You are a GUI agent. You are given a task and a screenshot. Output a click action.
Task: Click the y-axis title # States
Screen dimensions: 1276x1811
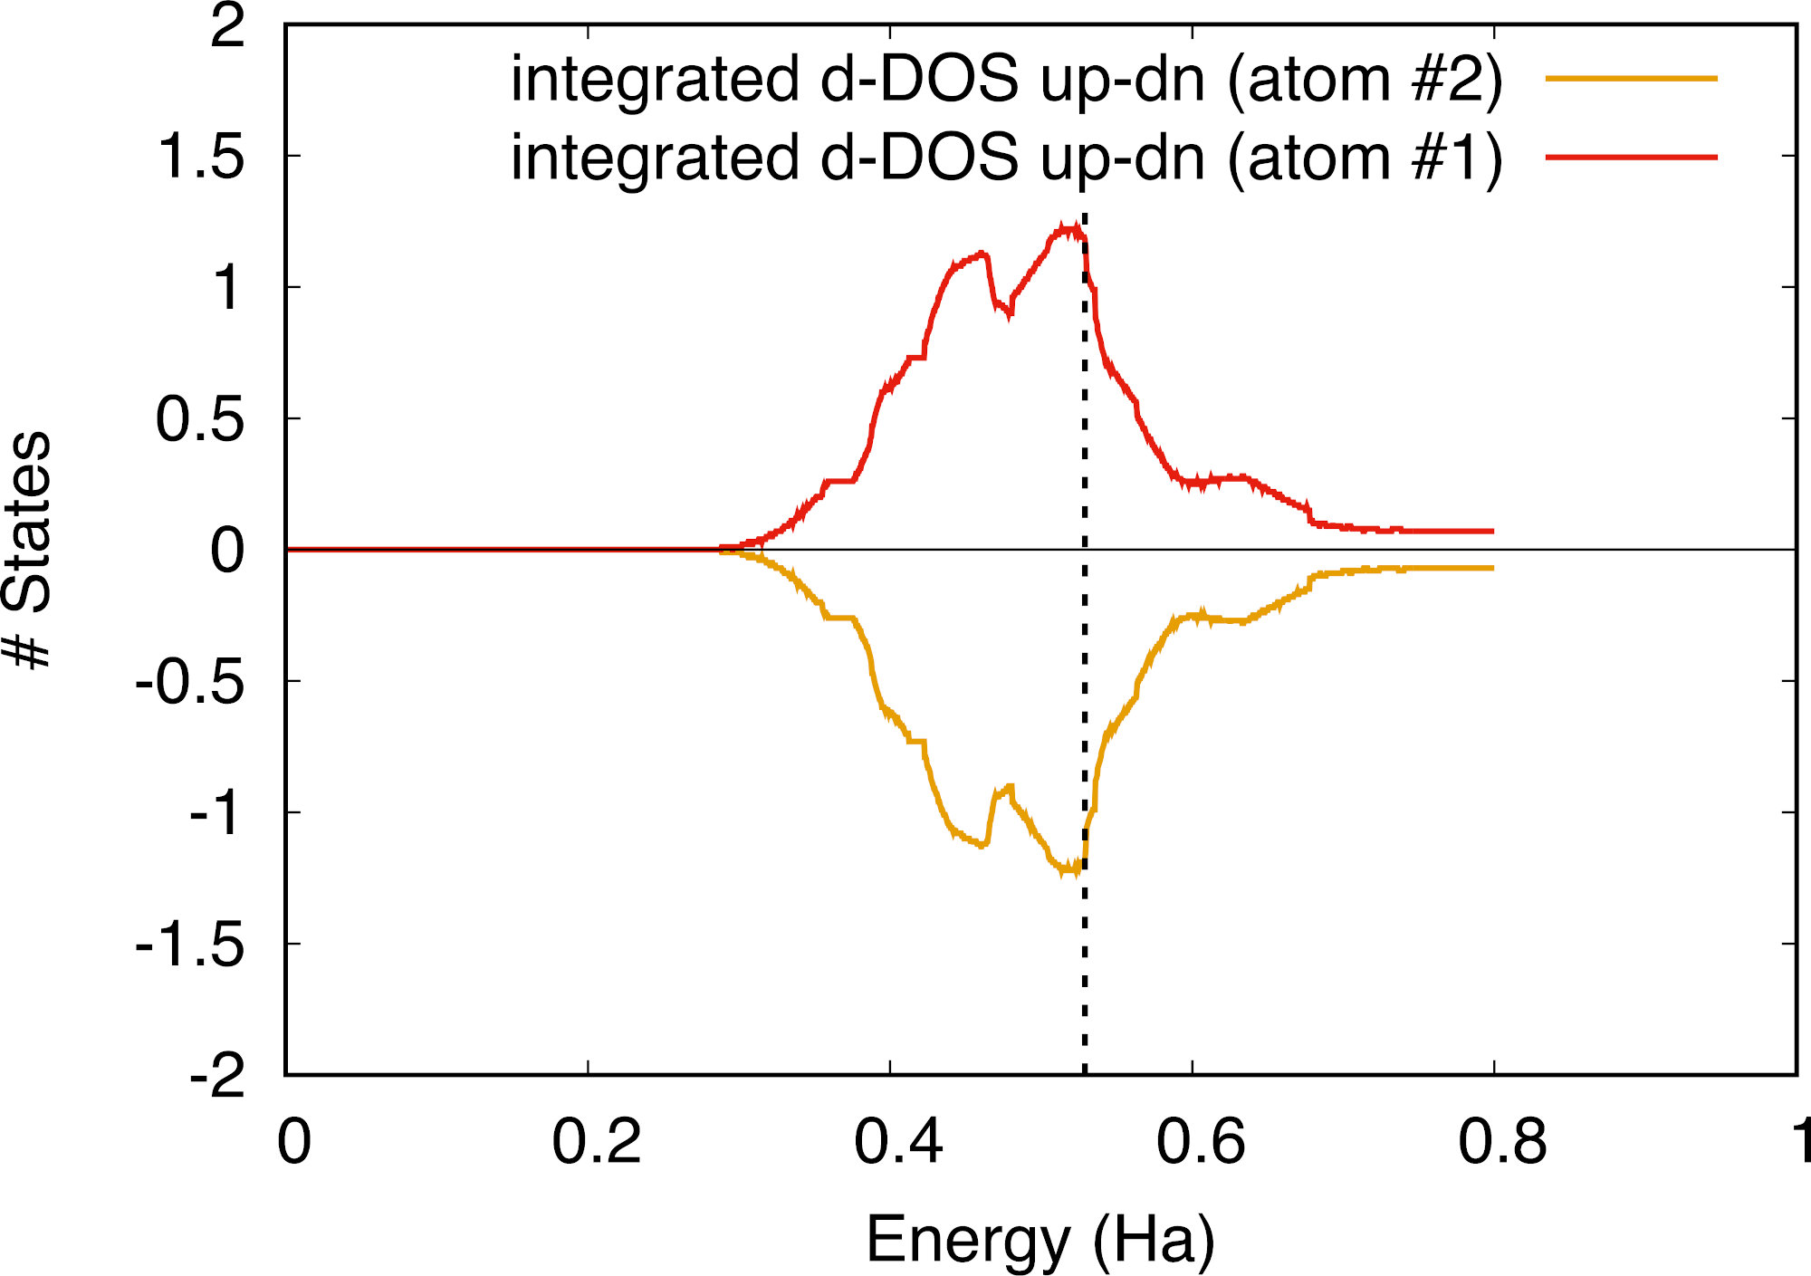(x=27, y=550)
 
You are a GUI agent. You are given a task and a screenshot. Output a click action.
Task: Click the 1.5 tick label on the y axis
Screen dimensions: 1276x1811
(x=201, y=156)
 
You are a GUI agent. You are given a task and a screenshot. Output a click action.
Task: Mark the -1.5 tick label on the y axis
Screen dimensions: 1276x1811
(x=190, y=947)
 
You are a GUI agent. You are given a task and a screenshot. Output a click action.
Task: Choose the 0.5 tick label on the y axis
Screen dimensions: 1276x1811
(x=201, y=419)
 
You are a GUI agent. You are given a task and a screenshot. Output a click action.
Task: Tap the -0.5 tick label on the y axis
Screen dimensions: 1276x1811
(x=190, y=684)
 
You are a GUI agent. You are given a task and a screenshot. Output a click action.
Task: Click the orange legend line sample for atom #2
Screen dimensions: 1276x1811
(x=1631, y=79)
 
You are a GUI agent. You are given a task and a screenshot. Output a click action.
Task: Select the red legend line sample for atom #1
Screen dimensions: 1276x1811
(x=1631, y=158)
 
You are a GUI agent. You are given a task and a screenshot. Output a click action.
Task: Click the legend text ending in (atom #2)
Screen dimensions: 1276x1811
(x=1006, y=79)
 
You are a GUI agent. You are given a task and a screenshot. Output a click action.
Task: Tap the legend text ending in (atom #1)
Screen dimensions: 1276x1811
(x=1006, y=158)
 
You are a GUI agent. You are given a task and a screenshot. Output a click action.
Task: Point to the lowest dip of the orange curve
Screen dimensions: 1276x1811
(x=1071, y=871)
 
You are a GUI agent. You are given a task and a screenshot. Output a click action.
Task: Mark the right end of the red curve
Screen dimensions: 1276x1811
(x=1492, y=531)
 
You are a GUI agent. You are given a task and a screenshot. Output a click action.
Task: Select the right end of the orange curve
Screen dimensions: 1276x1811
(x=1492, y=568)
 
